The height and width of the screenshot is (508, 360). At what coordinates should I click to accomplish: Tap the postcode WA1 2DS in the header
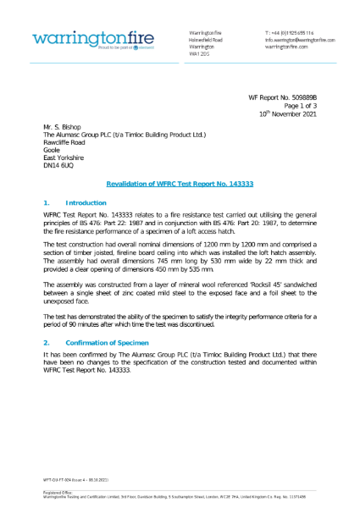(199, 54)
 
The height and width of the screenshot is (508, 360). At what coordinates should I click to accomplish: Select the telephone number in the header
(291, 31)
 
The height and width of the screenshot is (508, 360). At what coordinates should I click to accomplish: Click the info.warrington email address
(299, 39)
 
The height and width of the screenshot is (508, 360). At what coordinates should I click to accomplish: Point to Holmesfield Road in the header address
(205, 39)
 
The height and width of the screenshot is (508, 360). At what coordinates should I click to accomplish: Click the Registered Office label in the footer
(58, 491)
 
